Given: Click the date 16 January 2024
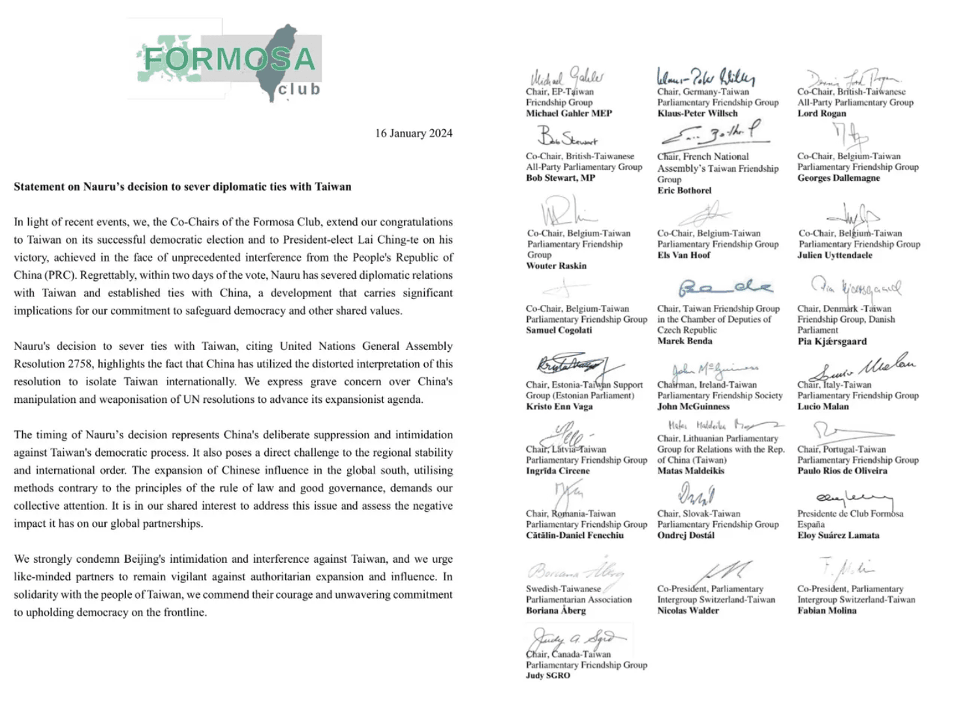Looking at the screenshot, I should pos(413,133).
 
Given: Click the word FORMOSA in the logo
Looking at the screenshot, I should pos(229,60).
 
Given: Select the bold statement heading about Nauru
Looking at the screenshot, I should pos(183,187).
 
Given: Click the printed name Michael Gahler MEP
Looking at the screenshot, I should pos(569,113).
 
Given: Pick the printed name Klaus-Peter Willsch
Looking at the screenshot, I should pos(698,113).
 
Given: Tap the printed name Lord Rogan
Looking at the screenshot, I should pos(822,113).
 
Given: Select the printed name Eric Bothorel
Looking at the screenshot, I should pos(685,190).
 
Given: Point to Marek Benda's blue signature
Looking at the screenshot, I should pos(724,288).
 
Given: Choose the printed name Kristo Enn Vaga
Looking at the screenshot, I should pos(559,406).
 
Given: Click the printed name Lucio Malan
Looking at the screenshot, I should pos(823,406).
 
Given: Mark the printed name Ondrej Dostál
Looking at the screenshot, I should pos(686,535).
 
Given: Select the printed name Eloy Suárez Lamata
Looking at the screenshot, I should pos(838,535).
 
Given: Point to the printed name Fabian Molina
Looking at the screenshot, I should pos(827,610).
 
